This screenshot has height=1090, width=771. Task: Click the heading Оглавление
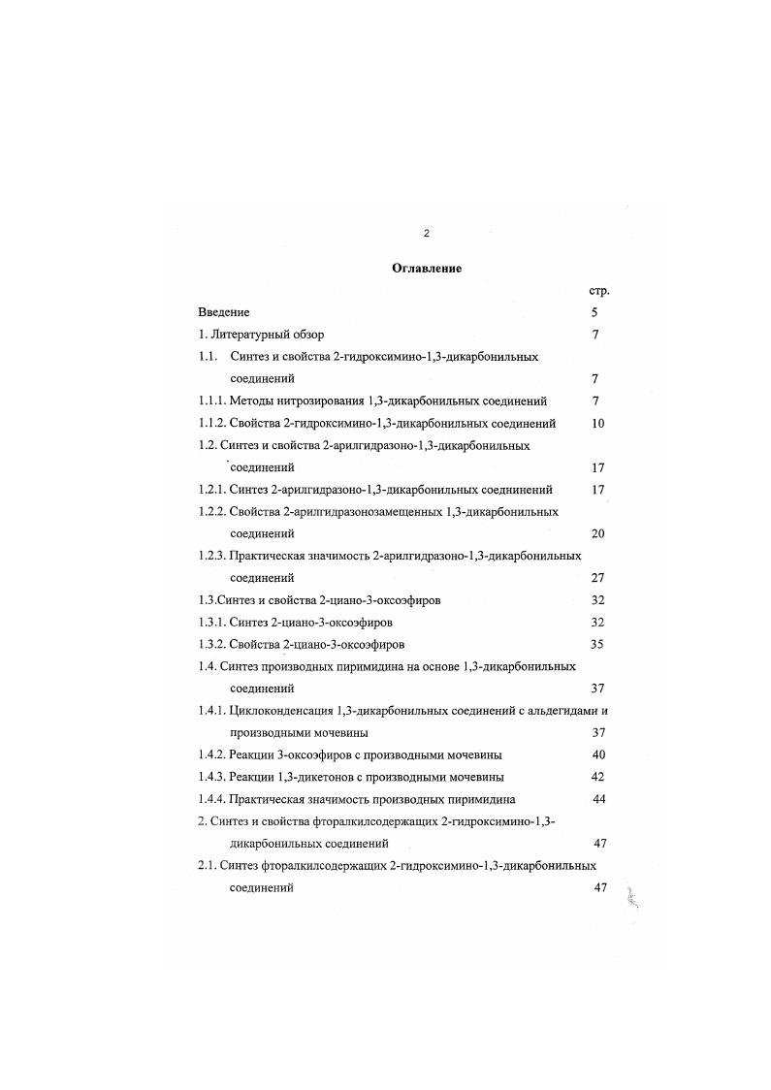[x=426, y=269]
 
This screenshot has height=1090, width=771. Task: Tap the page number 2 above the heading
[x=427, y=234]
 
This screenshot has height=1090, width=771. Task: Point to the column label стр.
[x=598, y=291]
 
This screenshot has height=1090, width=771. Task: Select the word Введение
[x=224, y=312]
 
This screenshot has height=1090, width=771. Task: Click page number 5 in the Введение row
[x=594, y=312]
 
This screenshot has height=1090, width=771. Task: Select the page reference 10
[x=597, y=423]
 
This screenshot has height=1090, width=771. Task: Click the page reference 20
[x=597, y=533]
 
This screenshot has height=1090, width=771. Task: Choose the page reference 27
[x=597, y=578]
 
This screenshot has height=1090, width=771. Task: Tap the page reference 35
[x=597, y=644]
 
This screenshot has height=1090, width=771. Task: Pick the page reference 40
[x=598, y=754]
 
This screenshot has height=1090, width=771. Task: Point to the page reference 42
[x=598, y=777]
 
